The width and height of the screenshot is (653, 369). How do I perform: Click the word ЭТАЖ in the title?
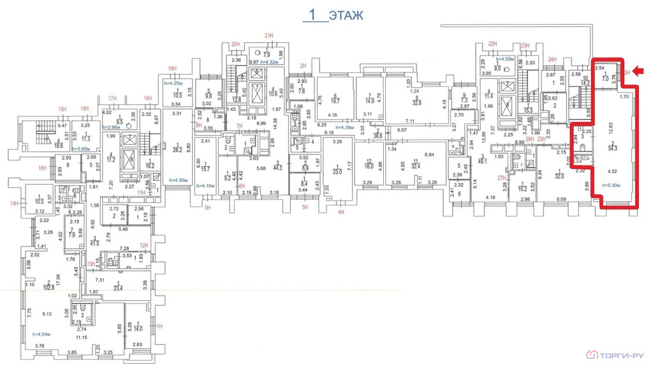pos(347,15)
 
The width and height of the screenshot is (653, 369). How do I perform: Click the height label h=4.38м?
pos(332,127)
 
